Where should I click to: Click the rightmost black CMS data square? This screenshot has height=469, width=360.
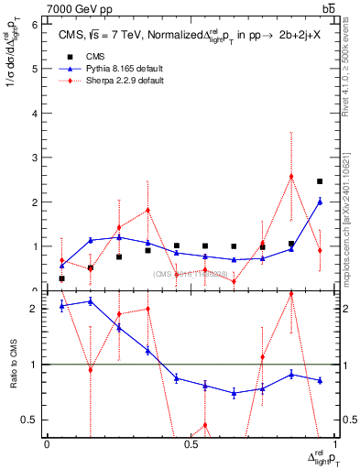pyautogui.click(x=320, y=181)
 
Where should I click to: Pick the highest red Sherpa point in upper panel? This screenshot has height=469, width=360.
pyautogui.click(x=291, y=176)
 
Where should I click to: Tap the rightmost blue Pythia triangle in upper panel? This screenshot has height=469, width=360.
pyautogui.click(x=320, y=202)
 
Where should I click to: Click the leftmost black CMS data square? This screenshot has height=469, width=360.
pyautogui.click(x=61, y=278)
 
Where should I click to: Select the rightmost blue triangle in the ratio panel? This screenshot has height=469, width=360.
pyautogui.click(x=320, y=380)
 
